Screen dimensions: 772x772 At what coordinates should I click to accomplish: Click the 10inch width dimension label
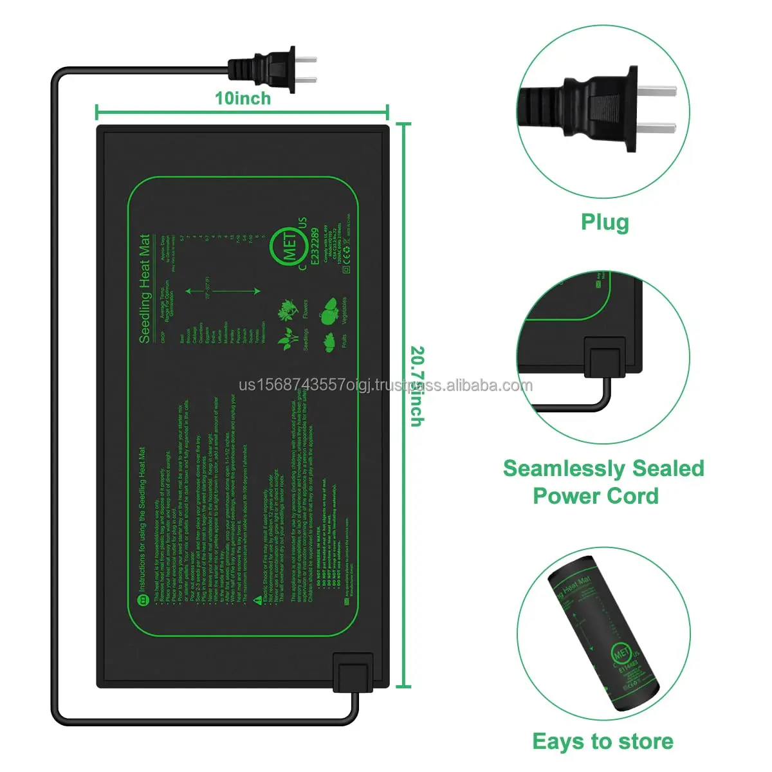(x=243, y=98)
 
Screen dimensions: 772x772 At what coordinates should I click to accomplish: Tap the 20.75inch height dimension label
(x=417, y=386)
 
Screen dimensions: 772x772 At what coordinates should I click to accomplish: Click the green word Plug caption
(x=605, y=222)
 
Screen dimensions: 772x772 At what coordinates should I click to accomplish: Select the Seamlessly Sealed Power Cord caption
(x=603, y=482)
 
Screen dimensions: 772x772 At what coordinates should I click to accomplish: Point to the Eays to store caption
(x=603, y=741)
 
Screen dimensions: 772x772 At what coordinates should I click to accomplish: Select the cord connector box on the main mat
(x=353, y=673)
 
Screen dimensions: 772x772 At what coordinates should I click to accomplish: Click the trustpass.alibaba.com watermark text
(x=386, y=386)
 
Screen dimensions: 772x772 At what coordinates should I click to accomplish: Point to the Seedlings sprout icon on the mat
(x=286, y=339)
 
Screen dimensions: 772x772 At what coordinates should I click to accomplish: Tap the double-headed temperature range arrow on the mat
(x=223, y=291)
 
